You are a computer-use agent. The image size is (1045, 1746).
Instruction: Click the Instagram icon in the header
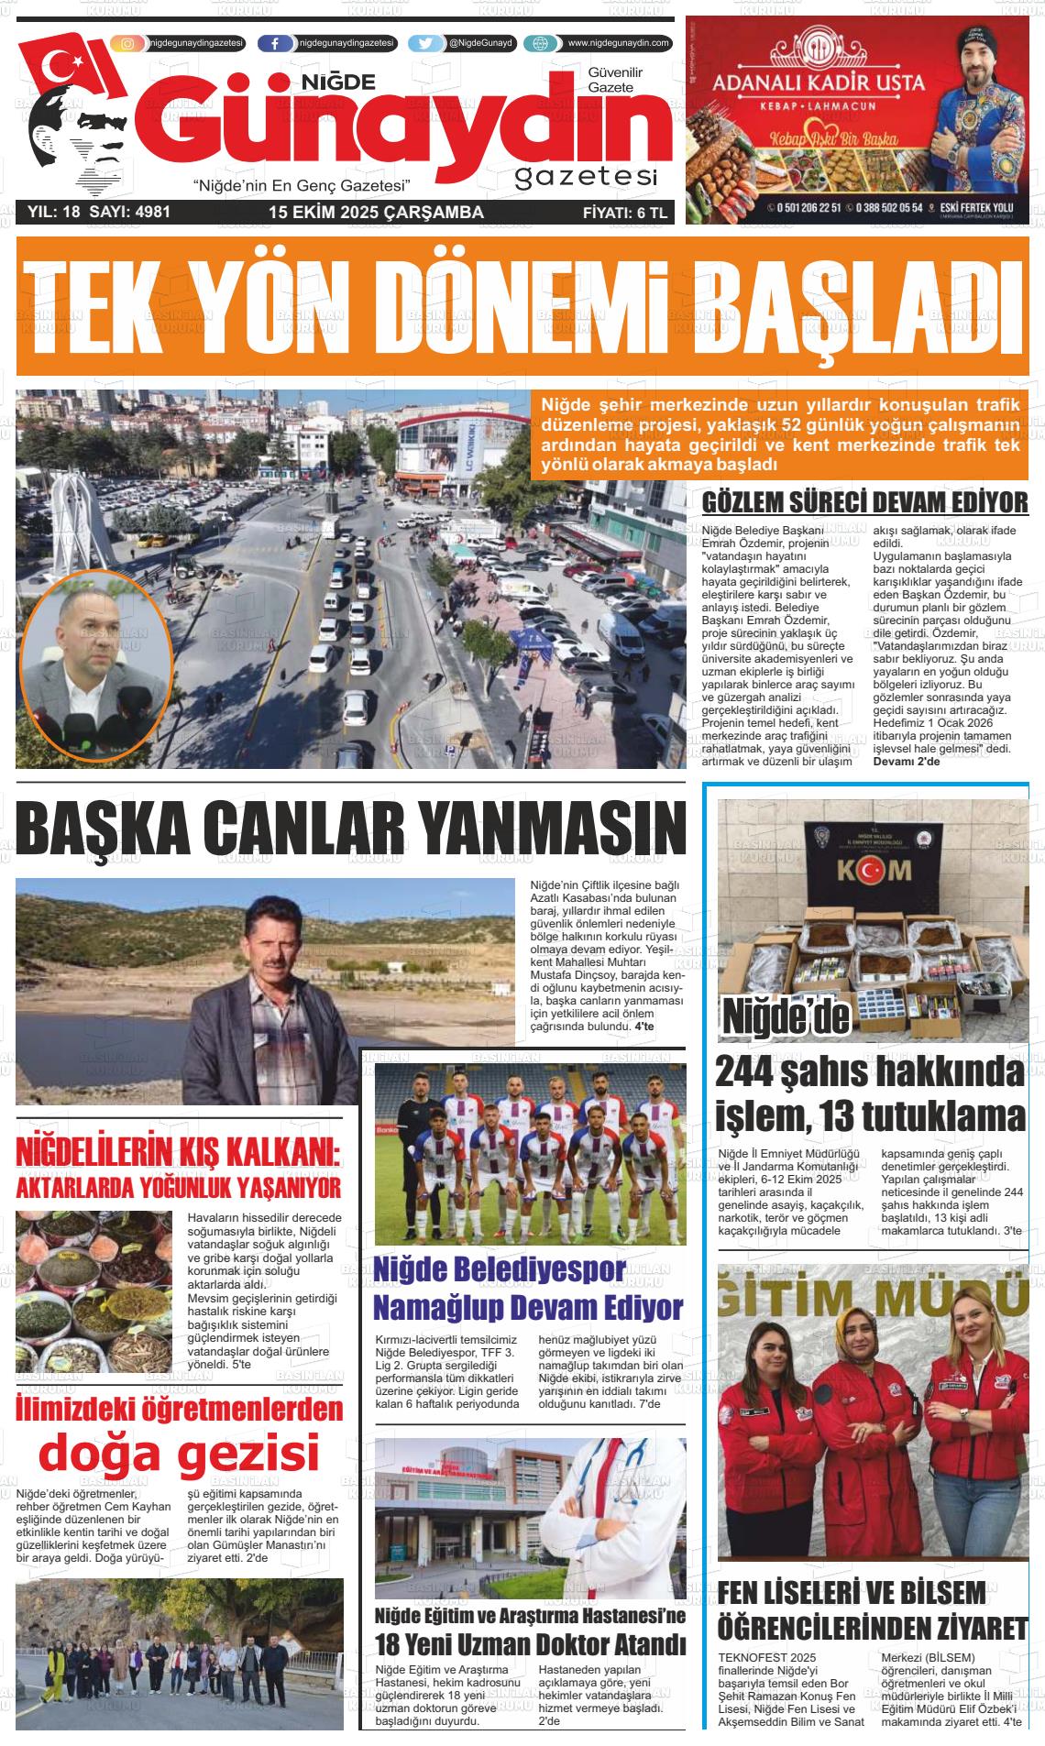click(127, 43)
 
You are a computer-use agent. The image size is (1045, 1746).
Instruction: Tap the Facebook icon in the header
click(275, 43)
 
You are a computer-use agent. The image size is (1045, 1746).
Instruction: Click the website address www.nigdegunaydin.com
click(618, 43)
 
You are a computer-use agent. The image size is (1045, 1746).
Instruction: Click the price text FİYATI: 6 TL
click(626, 213)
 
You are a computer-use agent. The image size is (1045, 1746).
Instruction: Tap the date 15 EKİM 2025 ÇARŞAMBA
click(376, 213)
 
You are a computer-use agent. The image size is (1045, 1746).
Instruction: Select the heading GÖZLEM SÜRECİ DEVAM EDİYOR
click(864, 503)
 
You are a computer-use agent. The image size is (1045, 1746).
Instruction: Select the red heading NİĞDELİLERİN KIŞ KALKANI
click(178, 1154)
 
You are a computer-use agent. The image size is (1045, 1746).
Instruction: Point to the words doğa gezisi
click(179, 1453)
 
